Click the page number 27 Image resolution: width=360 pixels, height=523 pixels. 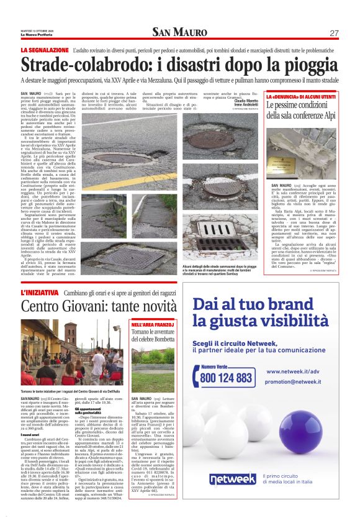point(334,33)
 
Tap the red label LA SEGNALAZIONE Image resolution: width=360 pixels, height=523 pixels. point(44,50)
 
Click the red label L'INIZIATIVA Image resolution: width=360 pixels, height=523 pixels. point(39,292)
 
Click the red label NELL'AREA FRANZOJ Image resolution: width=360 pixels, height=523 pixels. point(148,325)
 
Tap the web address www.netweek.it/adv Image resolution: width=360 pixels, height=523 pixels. point(292,371)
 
